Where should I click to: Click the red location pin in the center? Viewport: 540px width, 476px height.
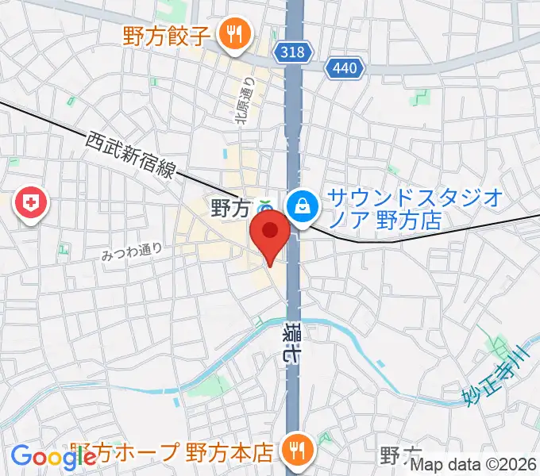click(x=270, y=235)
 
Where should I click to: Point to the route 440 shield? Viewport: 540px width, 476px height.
click(x=345, y=69)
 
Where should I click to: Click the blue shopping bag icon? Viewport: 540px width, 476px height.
click(x=303, y=206)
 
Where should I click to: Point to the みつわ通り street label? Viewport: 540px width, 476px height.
click(x=132, y=252)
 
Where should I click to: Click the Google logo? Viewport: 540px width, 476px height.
click(x=53, y=456)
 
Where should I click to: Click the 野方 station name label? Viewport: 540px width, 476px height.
click(x=230, y=209)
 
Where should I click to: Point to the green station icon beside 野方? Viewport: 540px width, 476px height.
click(x=266, y=209)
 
